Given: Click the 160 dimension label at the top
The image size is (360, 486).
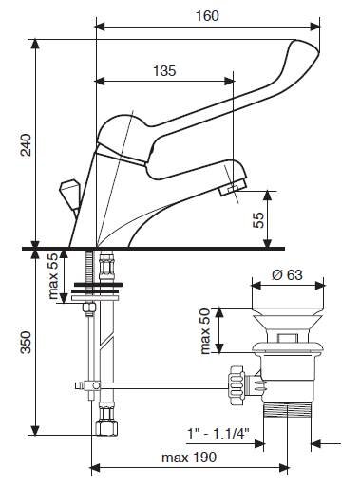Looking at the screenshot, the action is (207, 16).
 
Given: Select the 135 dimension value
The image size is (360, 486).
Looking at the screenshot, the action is (164, 71).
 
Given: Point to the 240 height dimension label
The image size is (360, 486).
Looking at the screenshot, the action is (26, 145).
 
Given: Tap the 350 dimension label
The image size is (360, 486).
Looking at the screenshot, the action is (26, 343).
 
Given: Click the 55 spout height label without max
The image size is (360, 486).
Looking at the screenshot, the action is (258, 220).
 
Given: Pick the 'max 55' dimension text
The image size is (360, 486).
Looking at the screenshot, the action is (52, 276).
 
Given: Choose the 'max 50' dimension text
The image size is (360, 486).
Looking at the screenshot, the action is (205, 331).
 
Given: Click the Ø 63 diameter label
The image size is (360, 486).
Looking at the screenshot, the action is (287, 274).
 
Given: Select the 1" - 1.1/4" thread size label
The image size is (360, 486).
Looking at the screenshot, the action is (218, 433).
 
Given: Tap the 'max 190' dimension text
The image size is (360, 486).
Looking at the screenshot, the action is (189, 458).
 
